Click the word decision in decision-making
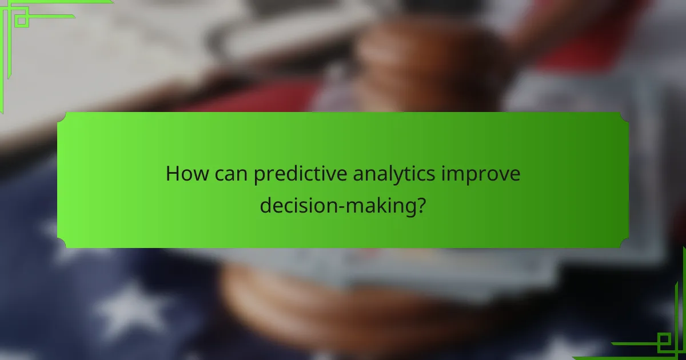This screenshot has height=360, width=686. pyautogui.click(x=293, y=205)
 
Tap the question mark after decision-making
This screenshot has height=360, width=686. pyautogui.click(x=421, y=205)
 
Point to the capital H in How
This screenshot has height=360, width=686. pyautogui.click(x=172, y=174)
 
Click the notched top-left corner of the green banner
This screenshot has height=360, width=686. pyautogui.click(x=61, y=116)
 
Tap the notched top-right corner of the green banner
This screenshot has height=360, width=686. pyautogui.click(x=625, y=116)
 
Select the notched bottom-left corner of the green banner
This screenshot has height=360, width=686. pyautogui.click(x=61, y=244)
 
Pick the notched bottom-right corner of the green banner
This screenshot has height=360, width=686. pyautogui.click(x=625, y=244)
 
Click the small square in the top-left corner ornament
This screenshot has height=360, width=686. pyautogui.click(x=22, y=20)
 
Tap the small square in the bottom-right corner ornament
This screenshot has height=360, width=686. pyautogui.click(x=664, y=342)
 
